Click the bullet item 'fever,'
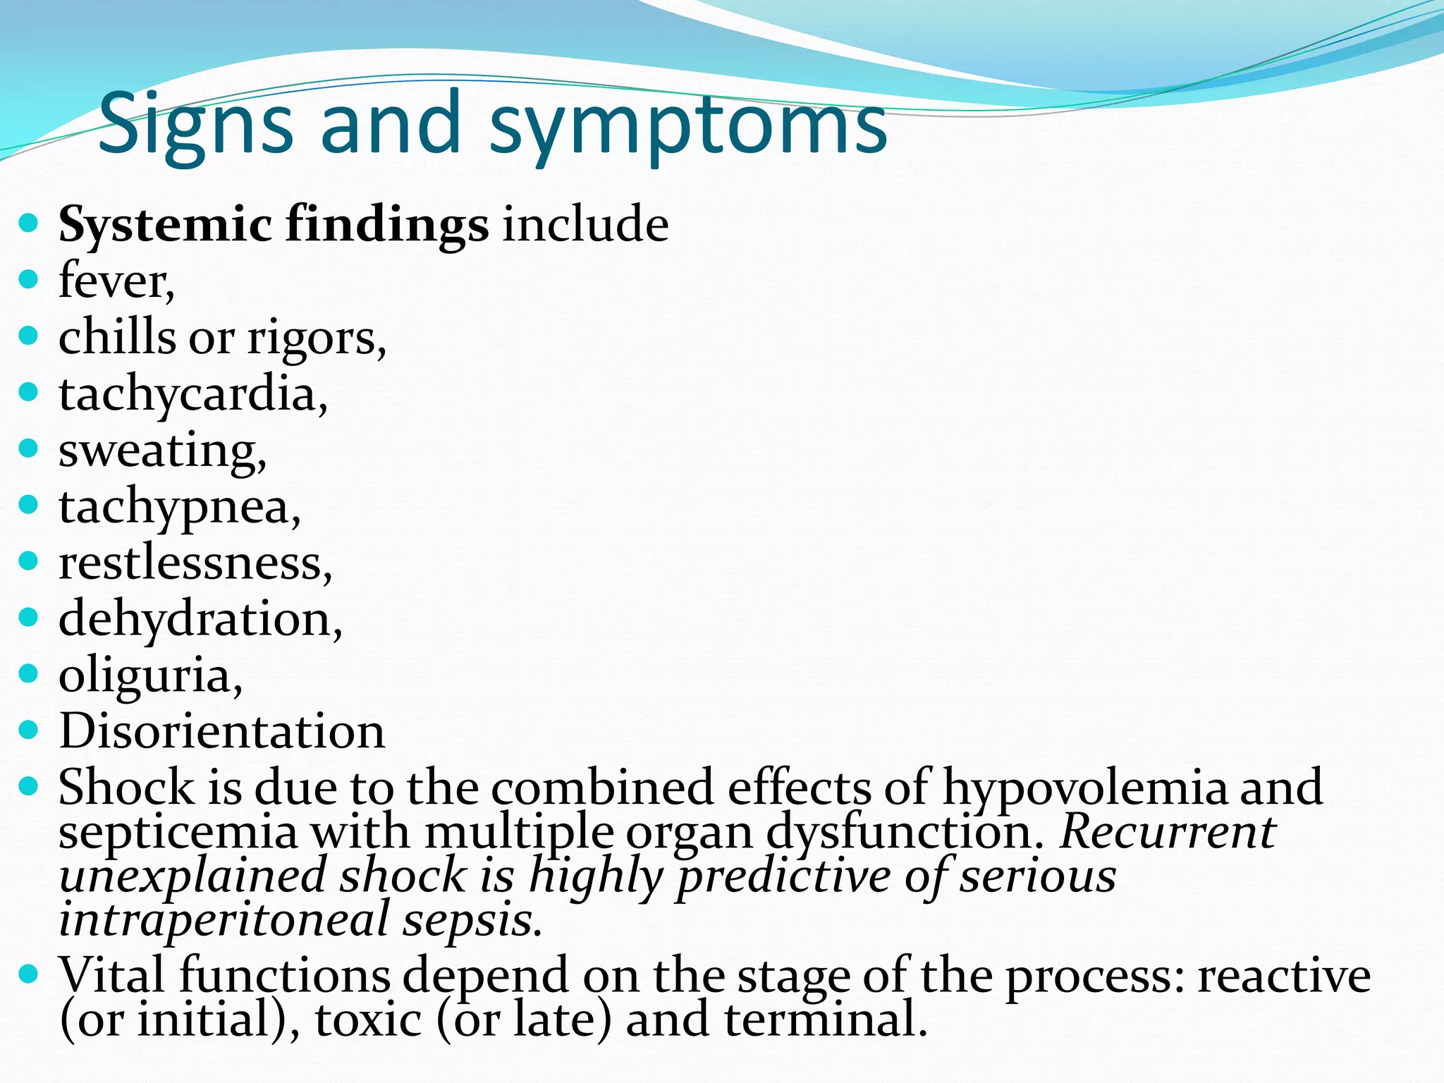(116, 281)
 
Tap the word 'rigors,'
(317, 338)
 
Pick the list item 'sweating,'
(162, 451)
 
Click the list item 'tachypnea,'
(180, 508)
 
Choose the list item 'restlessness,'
(195, 563)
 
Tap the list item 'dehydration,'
(200, 619)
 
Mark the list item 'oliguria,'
(150, 675)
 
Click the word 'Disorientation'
(222, 731)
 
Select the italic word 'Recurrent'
(1168, 832)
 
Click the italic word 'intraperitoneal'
(224, 920)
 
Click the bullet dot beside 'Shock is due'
(28, 785)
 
